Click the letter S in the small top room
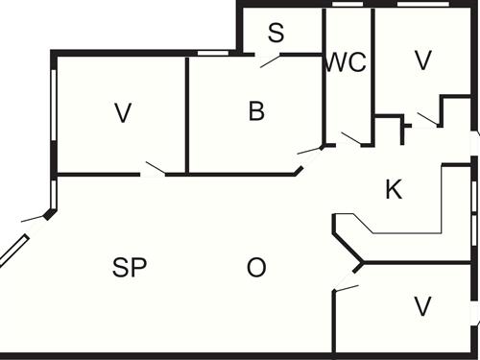(x=276, y=34)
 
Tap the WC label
(x=346, y=62)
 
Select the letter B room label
(x=255, y=111)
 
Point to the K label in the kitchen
(x=393, y=189)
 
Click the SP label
(x=130, y=268)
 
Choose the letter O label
(x=255, y=268)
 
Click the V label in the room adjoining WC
(x=422, y=60)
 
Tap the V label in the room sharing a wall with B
(x=121, y=113)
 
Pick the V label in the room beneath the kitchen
(x=421, y=306)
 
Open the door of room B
(x=309, y=151)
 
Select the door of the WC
(x=351, y=140)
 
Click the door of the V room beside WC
(x=427, y=119)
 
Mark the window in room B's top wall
(x=212, y=53)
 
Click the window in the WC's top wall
(x=347, y=5)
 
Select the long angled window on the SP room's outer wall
(x=14, y=251)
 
